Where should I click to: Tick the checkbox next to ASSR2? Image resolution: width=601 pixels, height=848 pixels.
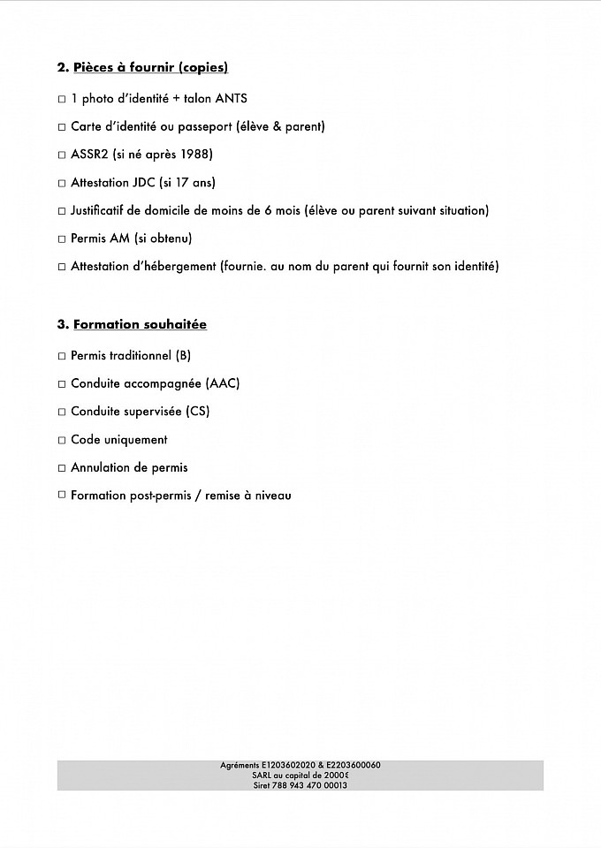[62, 155]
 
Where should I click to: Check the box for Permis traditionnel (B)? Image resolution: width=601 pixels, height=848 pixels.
[62, 356]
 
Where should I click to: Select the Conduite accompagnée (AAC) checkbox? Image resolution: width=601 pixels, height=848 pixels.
[62, 384]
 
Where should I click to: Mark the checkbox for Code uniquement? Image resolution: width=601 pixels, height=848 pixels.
[62, 440]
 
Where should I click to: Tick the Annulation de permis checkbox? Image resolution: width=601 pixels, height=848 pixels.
[62, 468]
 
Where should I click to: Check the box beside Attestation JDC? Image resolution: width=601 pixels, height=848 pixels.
[62, 184]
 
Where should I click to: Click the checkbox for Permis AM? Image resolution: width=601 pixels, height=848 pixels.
[62, 239]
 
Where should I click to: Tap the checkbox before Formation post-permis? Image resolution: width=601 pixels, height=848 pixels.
[62, 496]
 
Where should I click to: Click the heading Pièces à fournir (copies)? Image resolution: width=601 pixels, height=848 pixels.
[150, 68]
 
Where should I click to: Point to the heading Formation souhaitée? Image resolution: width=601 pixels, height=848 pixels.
[140, 324]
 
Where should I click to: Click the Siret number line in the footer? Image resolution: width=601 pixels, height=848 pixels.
[300, 784]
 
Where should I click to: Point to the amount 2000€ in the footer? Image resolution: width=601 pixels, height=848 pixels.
[336, 775]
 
